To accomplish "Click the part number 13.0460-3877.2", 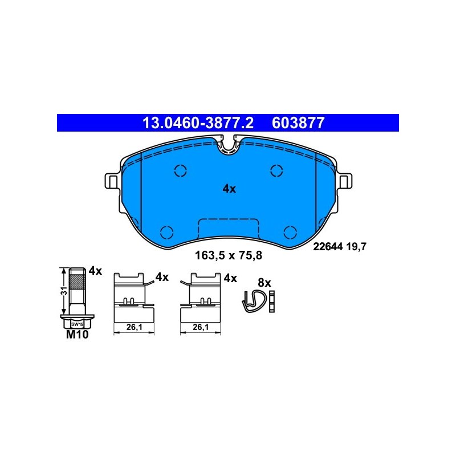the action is [x=198, y=123].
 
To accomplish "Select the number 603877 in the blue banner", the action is [x=298, y=123].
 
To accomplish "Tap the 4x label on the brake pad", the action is [x=229, y=189].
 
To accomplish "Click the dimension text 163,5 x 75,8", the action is [x=229, y=255].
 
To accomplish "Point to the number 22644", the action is [x=328, y=247].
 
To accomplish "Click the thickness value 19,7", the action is [x=356, y=247].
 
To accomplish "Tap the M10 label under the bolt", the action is [x=77, y=335].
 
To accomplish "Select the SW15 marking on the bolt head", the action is [x=77, y=324].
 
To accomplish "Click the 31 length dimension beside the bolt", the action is [x=64, y=291].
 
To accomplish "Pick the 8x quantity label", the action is [x=264, y=283].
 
